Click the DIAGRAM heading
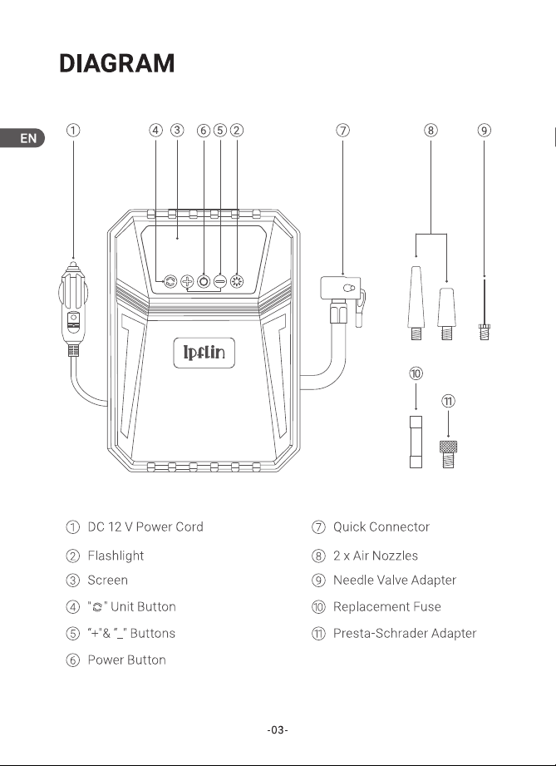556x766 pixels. click(x=116, y=63)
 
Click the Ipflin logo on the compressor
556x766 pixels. click(x=204, y=352)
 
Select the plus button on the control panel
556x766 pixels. click(x=187, y=281)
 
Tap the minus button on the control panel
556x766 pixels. click(x=220, y=281)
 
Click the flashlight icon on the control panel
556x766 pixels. click(x=237, y=281)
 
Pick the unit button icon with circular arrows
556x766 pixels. click(x=170, y=281)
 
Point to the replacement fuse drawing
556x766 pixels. click(x=416, y=442)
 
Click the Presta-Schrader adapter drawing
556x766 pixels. click(x=449, y=454)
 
